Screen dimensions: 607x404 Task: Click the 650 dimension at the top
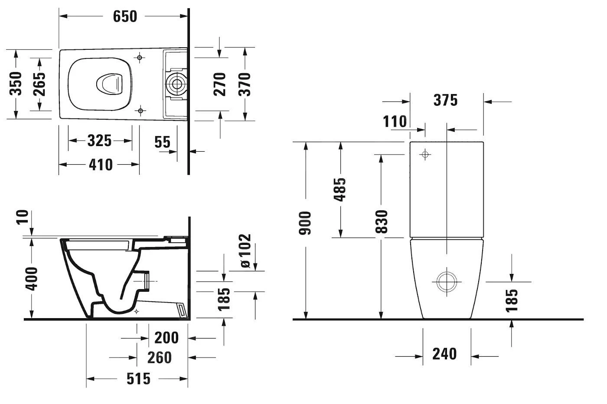click(x=125, y=16)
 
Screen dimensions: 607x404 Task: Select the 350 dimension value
click(x=16, y=84)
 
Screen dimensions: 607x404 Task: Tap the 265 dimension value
click(x=39, y=84)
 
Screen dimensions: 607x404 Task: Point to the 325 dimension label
click(x=99, y=140)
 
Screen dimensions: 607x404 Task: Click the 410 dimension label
click(x=101, y=165)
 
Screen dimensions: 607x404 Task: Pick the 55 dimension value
click(x=162, y=142)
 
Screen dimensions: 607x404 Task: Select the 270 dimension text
click(x=219, y=84)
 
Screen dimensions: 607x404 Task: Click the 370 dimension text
click(x=245, y=84)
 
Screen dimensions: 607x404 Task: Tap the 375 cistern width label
click(x=446, y=100)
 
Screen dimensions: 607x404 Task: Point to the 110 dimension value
click(x=395, y=121)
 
